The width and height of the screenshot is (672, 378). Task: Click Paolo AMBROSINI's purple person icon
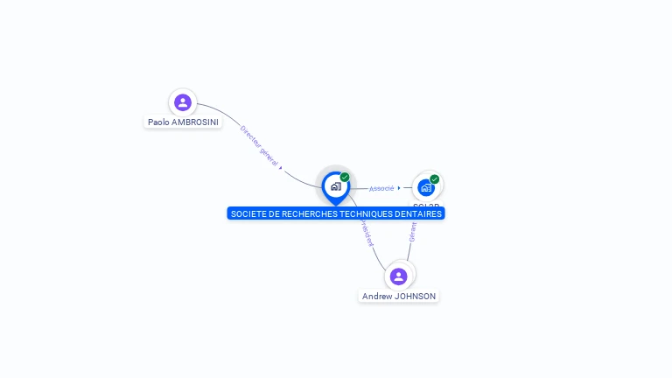(x=182, y=102)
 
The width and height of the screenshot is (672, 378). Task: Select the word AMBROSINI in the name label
(x=195, y=122)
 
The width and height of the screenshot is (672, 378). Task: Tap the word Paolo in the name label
(x=158, y=122)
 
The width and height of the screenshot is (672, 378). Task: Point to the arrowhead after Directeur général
(x=280, y=166)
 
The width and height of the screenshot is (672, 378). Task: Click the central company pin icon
(x=336, y=186)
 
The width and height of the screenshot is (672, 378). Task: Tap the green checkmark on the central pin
(x=345, y=178)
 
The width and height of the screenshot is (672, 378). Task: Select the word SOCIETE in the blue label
(x=248, y=213)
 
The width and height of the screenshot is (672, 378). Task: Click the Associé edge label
(x=381, y=188)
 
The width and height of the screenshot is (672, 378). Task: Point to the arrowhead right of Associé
(x=399, y=187)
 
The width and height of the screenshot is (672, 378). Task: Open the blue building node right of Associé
(x=425, y=187)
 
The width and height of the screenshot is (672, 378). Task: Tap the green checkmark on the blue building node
(x=434, y=179)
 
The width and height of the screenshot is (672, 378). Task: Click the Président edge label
(x=367, y=234)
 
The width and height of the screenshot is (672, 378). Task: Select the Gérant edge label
(x=413, y=230)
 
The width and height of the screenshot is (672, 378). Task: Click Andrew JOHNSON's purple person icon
(x=399, y=276)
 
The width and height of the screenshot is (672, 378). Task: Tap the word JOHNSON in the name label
(x=415, y=297)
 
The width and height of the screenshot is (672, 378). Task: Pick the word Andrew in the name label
(x=377, y=297)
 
